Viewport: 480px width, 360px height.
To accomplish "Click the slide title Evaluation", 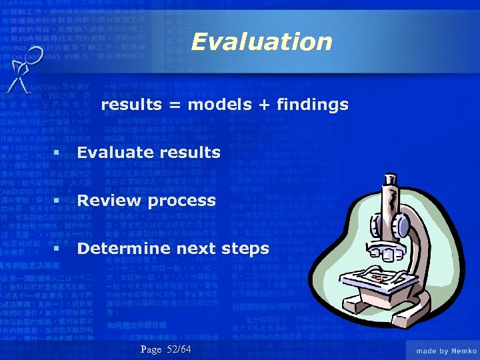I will tap(261, 42).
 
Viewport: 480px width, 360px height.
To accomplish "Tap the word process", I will tap(182, 201).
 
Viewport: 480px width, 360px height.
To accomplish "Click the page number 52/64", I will tap(176, 350).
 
